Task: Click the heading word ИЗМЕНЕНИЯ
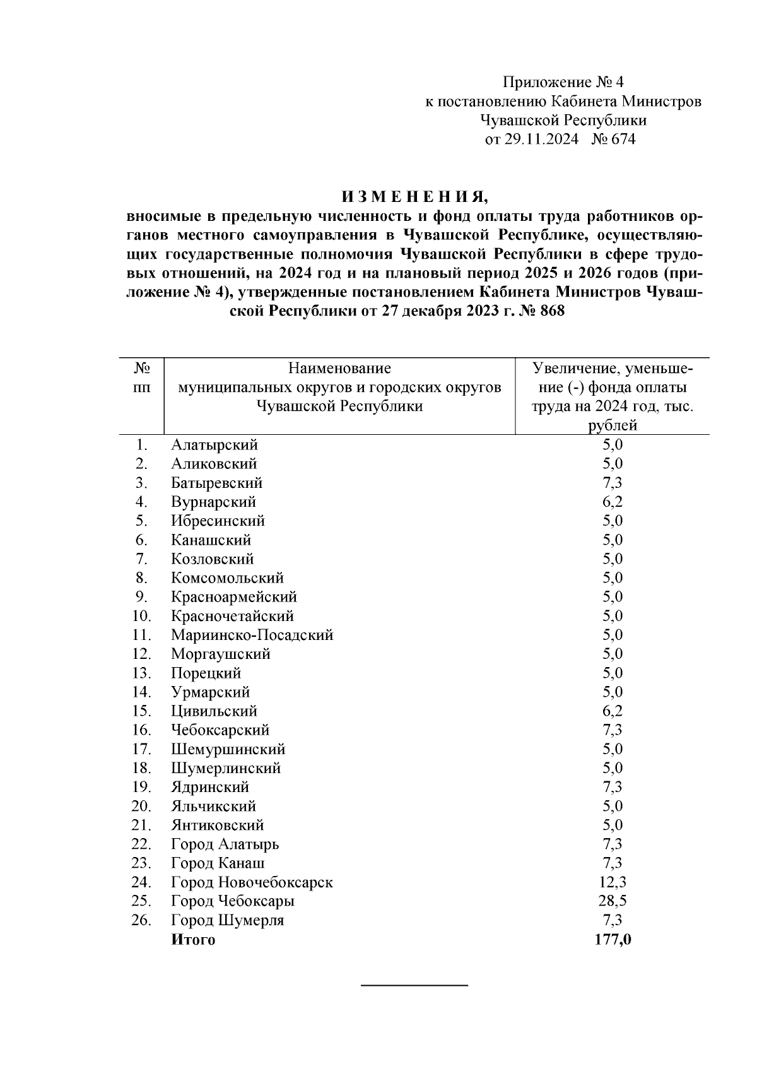414,197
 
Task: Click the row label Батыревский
216,483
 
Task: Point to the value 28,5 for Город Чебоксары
612,901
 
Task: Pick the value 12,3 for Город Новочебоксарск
612,882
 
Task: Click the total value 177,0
613,939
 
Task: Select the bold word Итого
193,940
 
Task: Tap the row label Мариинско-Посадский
252,635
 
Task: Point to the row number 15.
141,711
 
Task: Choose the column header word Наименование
339,368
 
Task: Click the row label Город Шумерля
227,920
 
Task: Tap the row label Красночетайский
232,616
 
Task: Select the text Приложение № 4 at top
563,82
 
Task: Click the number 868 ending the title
552,311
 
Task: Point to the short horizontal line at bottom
414,985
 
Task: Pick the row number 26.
141,920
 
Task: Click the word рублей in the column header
612,425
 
